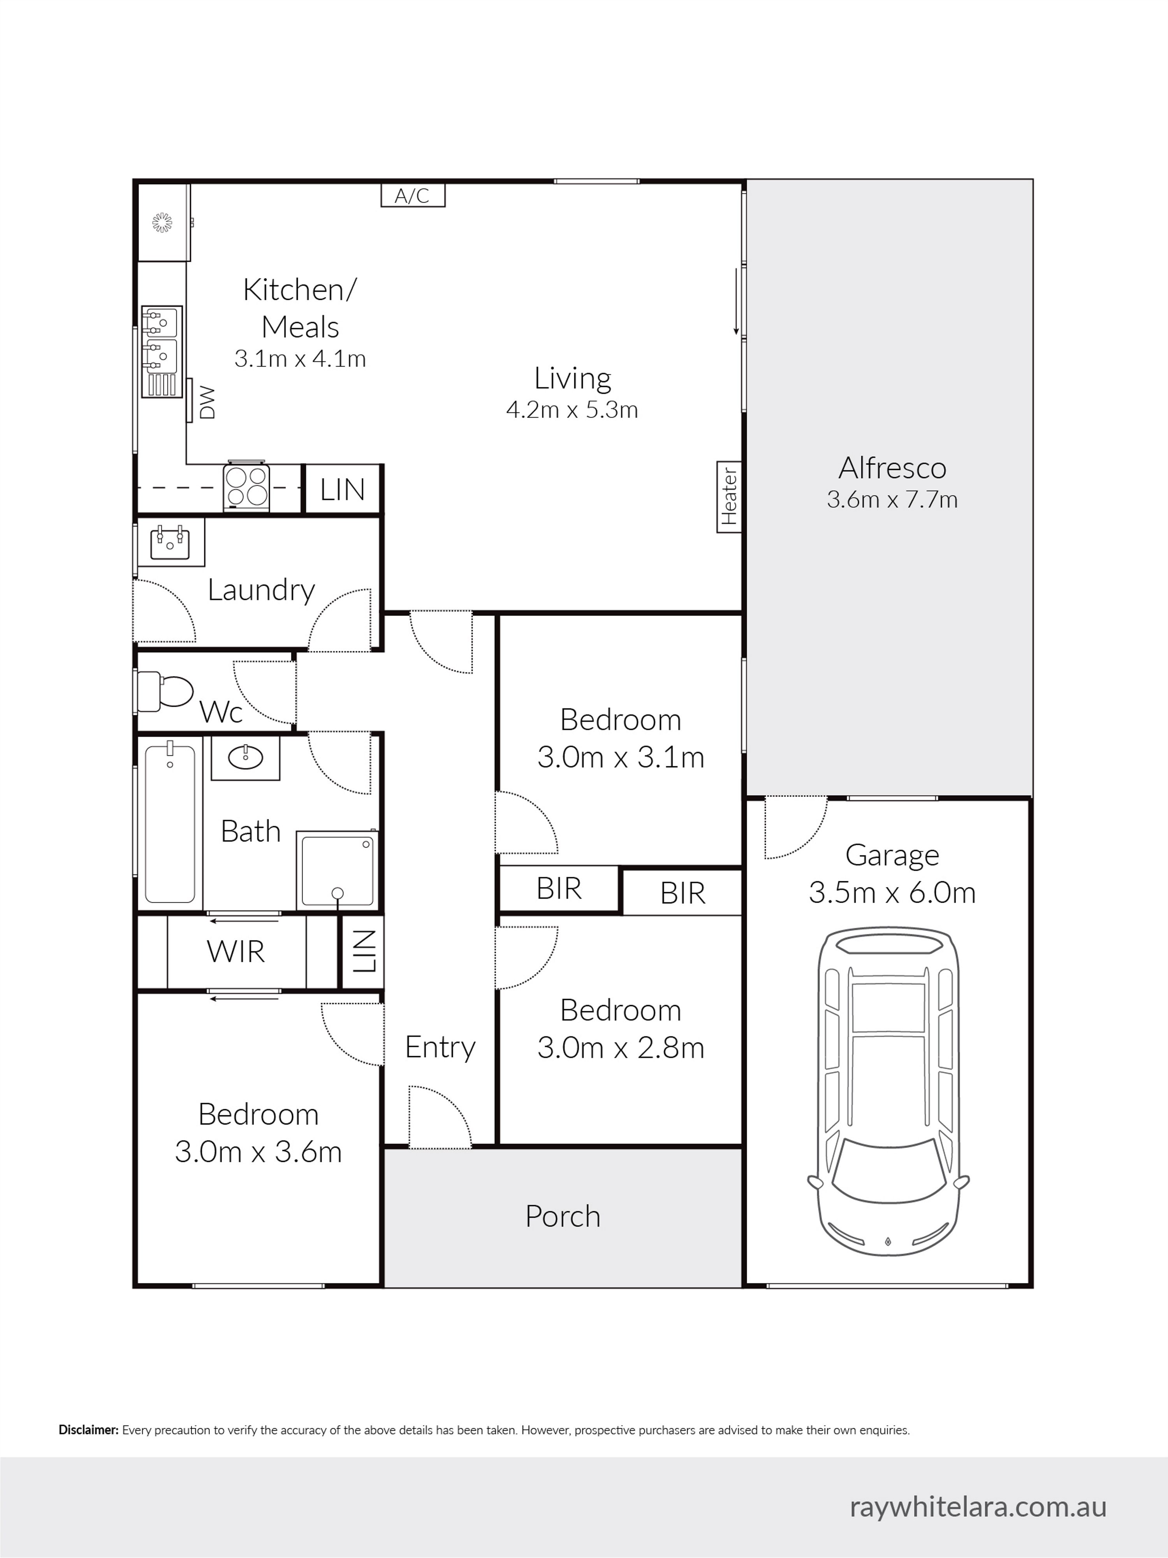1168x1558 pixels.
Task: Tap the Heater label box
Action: click(729, 496)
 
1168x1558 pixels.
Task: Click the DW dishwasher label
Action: click(207, 402)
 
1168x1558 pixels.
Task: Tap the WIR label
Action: click(236, 952)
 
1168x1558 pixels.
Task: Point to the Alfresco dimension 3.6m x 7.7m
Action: click(892, 499)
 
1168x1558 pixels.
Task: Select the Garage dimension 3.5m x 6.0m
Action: click(892, 893)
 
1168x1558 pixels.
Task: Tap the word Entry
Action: click(440, 1047)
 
